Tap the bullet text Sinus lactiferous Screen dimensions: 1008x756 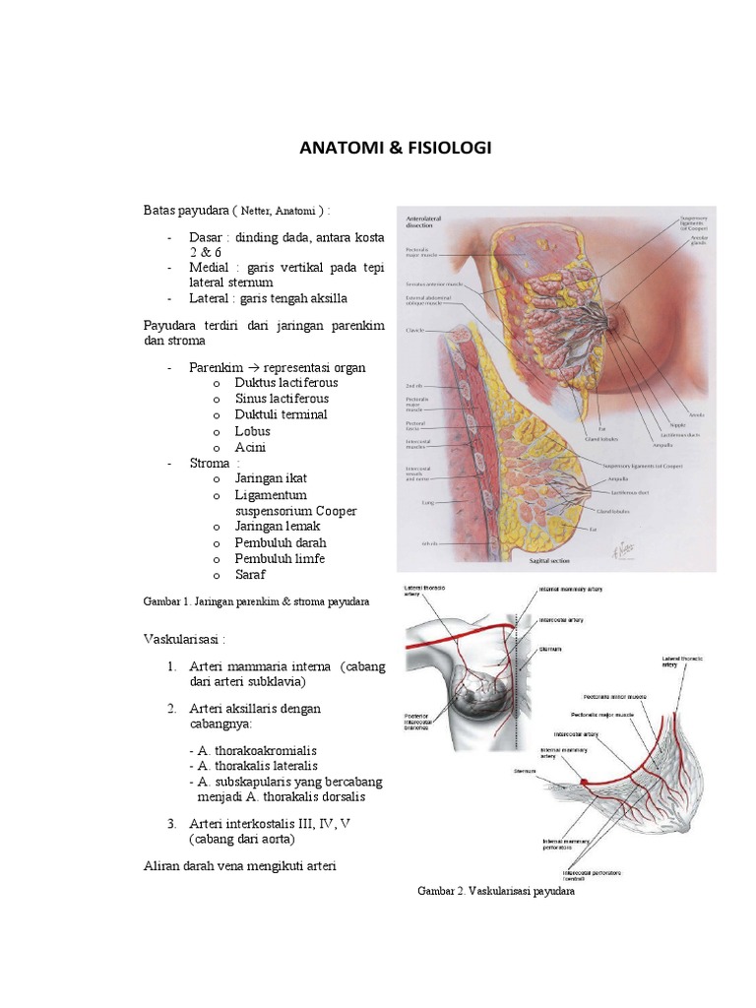282,399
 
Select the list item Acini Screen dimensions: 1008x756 250,447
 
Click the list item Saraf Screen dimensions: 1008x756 250,574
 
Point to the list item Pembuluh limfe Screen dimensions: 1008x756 280,558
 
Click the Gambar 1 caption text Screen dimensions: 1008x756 256,600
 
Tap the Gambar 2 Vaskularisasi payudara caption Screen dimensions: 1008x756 495,893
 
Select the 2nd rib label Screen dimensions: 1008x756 415,385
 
